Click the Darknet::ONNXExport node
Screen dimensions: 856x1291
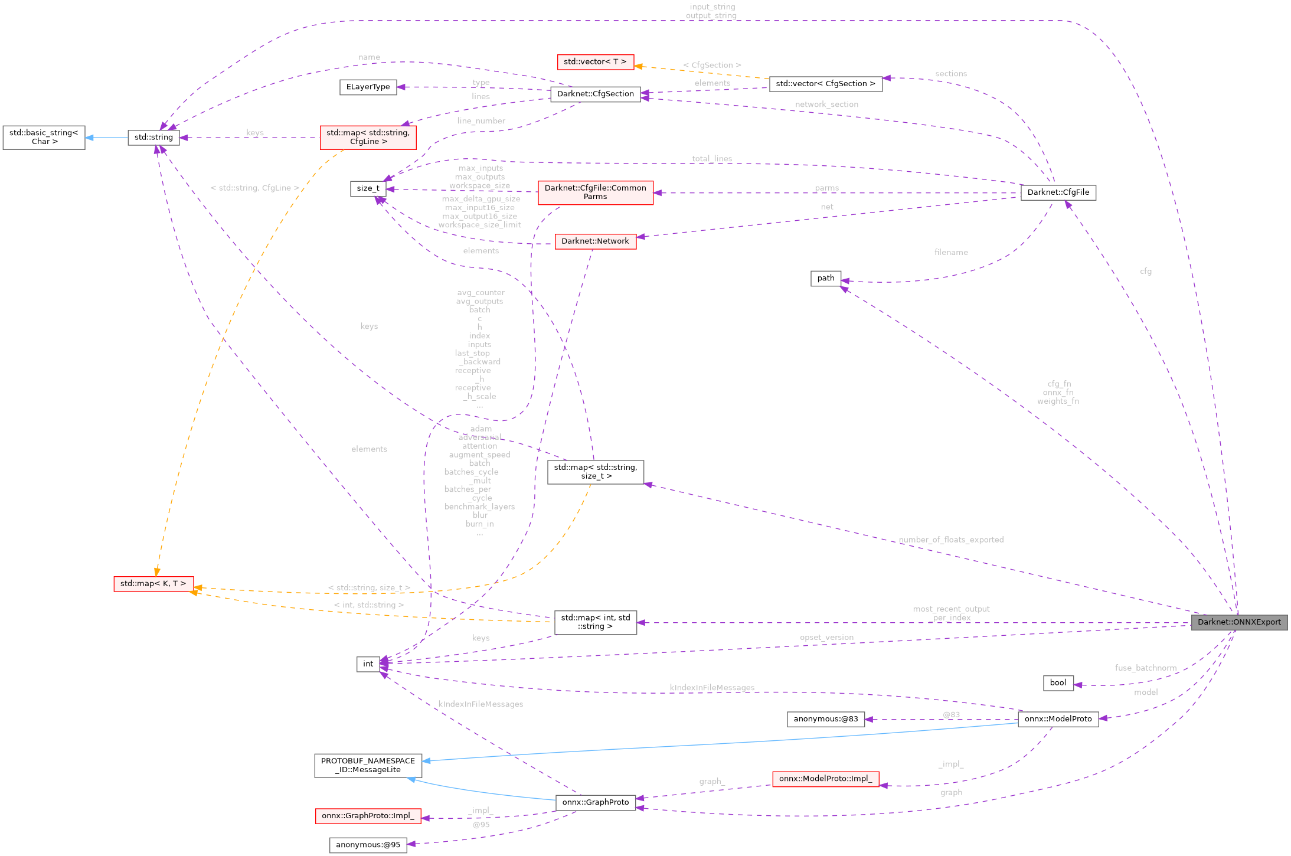[x=1238, y=622]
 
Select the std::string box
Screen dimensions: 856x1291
[x=153, y=137]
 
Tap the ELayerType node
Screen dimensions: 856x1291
[x=368, y=87]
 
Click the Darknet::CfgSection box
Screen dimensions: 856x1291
[x=595, y=94]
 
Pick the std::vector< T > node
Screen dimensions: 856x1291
[x=595, y=61]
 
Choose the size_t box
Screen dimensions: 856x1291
[x=368, y=188]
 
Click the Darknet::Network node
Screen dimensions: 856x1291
[x=595, y=241]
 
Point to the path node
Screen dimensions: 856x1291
[x=825, y=278]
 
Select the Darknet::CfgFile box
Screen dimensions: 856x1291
[x=1058, y=192]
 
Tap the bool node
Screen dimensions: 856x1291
[x=1058, y=682]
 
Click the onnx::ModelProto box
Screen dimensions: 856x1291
[x=1058, y=718]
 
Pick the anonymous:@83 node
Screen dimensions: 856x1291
[x=825, y=718]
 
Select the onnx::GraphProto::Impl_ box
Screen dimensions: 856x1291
[x=368, y=816]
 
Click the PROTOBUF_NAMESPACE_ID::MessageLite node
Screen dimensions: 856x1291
[x=368, y=765]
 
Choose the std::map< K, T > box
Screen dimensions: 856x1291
[x=153, y=583]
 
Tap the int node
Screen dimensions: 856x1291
[x=368, y=664]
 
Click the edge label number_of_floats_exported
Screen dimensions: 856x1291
[x=950, y=540]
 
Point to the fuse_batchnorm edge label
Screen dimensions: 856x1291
[x=1145, y=668]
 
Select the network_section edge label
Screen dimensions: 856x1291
[x=826, y=104]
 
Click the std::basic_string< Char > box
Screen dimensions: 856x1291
[x=44, y=137]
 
